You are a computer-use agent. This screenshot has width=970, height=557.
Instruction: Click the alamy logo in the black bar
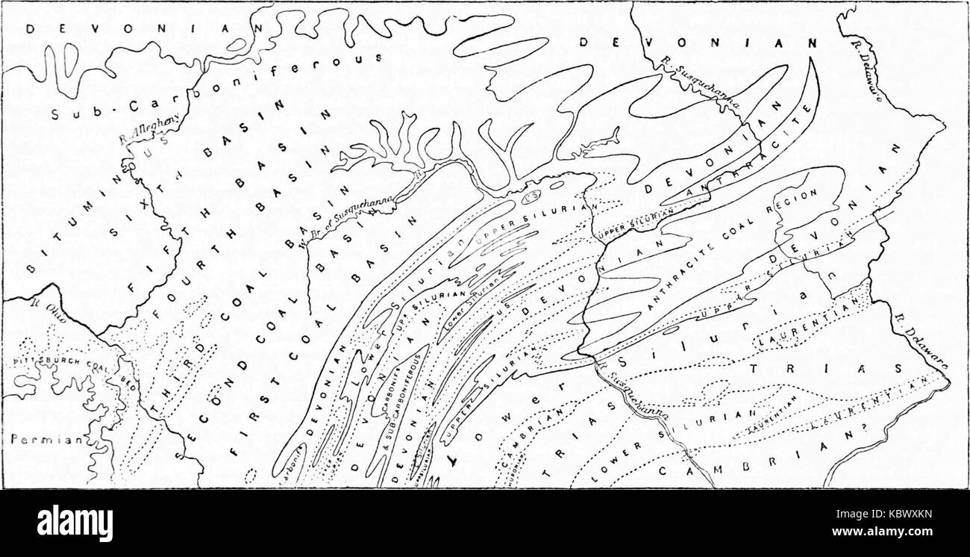point(75,523)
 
